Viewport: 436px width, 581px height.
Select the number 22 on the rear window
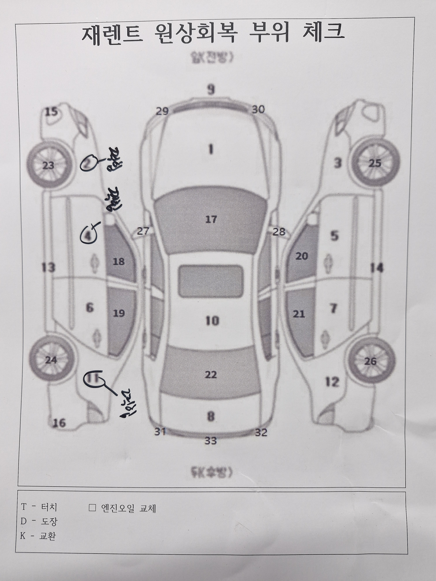(211, 375)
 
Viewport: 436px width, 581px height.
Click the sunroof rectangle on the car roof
(210, 281)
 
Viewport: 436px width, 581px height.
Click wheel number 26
(371, 361)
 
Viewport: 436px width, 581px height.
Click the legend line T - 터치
(39, 507)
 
